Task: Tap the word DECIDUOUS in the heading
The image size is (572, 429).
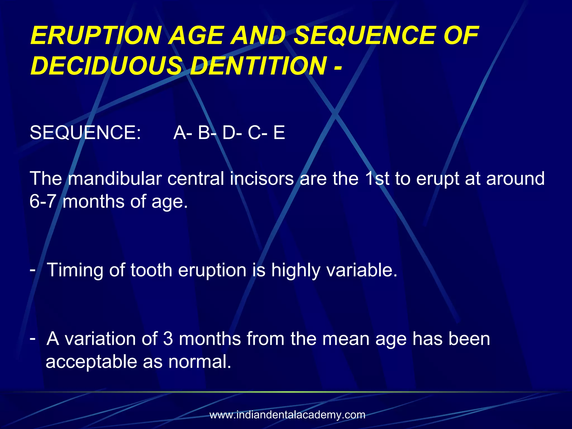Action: (106, 66)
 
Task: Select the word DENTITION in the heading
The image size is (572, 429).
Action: (258, 66)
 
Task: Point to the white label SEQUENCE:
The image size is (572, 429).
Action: (85, 132)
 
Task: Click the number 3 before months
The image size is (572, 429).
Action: (168, 339)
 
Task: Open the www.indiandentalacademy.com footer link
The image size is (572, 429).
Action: (287, 415)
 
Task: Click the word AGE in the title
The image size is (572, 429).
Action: (197, 35)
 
